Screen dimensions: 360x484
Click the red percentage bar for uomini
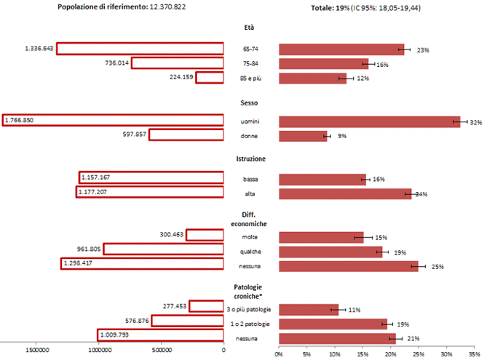coord(370,121)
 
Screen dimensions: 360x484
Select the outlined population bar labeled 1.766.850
coord(113,121)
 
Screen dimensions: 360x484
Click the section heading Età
coord(250,28)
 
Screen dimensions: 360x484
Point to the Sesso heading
coord(250,103)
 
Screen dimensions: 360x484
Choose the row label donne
coord(250,136)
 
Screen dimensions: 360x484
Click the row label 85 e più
coord(250,79)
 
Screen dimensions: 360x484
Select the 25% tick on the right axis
coord(418,354)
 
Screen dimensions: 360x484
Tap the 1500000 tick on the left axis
coord(38,351)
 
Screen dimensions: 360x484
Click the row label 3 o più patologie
coord(249,309)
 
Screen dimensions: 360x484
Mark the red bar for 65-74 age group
coord(341,49)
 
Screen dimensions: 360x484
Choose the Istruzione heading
coord(250,159)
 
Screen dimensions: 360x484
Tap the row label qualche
coord(250,252)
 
